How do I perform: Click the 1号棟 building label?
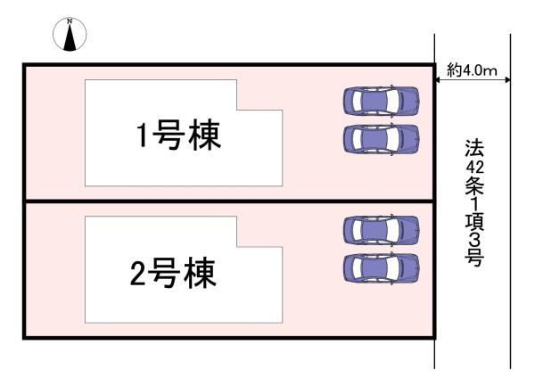pos(178,137)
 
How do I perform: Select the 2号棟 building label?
pos(174,274)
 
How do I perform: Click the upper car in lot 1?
pos(381,101)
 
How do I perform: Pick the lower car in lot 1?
pos(381,138)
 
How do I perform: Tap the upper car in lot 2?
pos(381,230)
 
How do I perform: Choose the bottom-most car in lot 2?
pos(381,267)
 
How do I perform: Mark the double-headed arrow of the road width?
pos(472,81)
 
